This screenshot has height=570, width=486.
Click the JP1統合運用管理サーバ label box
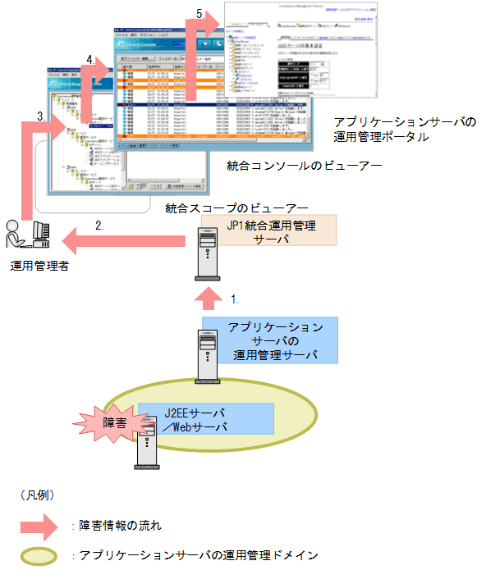(257, 230)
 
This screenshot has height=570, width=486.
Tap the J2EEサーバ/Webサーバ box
(206, 417)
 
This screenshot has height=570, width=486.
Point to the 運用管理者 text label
(39, 265)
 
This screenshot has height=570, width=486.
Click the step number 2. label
(99, 224)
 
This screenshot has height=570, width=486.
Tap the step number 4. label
(89, 60)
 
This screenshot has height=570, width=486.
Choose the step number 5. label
(201, 14)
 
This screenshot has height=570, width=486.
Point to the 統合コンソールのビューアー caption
(304, 166)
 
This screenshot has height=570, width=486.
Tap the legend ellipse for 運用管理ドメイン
(39, 555)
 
